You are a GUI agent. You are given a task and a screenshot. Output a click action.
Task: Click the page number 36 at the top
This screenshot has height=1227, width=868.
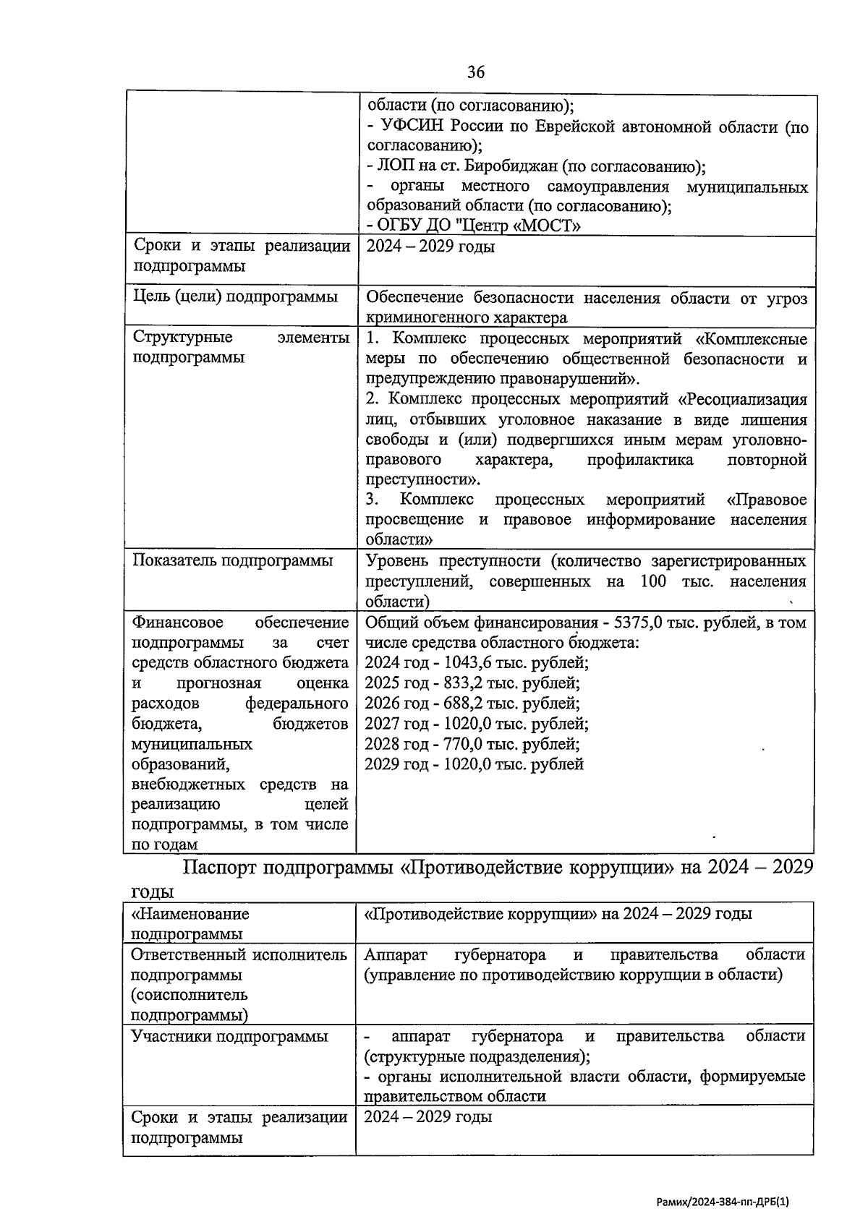tap(475, 72)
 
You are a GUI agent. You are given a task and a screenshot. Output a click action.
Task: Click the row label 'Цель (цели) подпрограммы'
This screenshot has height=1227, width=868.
tap(235, 296)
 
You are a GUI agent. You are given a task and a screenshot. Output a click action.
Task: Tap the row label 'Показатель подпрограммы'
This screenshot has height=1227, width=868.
tap(233, 560)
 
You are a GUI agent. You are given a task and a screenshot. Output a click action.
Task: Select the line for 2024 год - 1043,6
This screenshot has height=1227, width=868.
tap(477, 662)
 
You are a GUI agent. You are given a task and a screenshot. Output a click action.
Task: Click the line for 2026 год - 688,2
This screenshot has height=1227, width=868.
tap(472, 703)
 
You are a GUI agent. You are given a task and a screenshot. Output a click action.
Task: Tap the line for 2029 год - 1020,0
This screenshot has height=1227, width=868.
tap(475, 764)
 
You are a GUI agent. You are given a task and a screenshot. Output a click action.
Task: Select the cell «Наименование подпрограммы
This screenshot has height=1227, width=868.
tap(189, 923)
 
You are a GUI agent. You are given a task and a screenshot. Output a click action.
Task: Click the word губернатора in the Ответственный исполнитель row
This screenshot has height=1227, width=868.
tap(500, 955)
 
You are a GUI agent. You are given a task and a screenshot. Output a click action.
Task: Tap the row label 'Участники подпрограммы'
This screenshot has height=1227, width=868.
tap(229, 1036)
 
